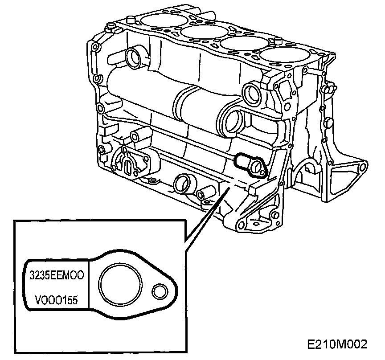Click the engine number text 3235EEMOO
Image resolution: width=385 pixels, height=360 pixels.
pyautogui.click(x=57, y=274)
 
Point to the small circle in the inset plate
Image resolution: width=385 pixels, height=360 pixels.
pyautogui.click(x=159, y=292)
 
